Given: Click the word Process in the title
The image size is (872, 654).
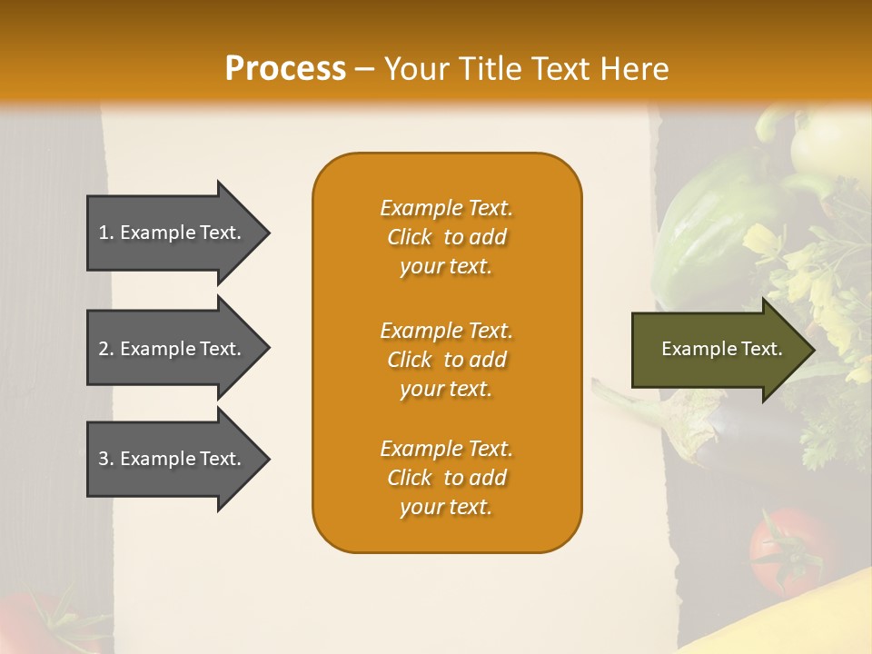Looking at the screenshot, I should click(x=285, y=69).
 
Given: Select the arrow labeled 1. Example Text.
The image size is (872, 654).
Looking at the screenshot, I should click(x=173, y=233).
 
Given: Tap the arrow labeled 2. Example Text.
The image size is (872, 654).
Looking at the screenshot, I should click(x=173, y=349).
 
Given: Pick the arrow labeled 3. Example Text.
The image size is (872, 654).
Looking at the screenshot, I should click(x=173, y=459).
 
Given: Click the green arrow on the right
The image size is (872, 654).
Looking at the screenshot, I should click(x=718, y=350).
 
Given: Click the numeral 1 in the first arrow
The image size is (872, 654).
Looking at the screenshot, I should click(x=104, y=233).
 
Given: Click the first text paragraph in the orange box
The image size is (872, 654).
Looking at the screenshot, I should click(x=446, y=237).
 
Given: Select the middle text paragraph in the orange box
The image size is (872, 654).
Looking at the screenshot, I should click(x=446, y=360).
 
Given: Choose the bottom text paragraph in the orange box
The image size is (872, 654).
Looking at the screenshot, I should click(x=446, y=478).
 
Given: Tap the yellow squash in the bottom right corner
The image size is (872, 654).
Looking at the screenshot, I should click(x=808, y=618).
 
